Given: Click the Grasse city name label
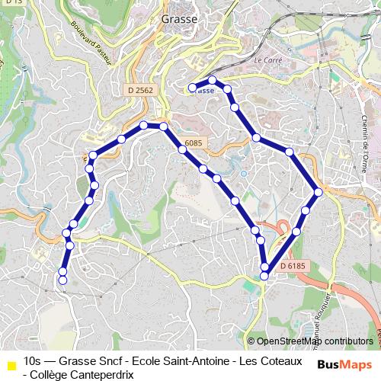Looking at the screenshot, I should pos(180,19).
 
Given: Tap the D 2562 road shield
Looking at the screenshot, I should pos(140,90).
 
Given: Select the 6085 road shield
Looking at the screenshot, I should pos(193,142).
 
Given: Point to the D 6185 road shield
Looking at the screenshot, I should pos(292,265).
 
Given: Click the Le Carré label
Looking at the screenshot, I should pos(268,59).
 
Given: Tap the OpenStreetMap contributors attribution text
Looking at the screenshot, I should pos(315,341).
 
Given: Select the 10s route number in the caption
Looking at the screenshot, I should pos(33,360).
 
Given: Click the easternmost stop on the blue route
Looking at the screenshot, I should pos(318,192).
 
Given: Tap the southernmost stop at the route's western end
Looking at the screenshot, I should pos(62,280).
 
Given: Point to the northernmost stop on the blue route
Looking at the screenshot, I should pos(213,80).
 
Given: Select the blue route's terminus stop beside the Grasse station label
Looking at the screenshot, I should pos(192,88).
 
